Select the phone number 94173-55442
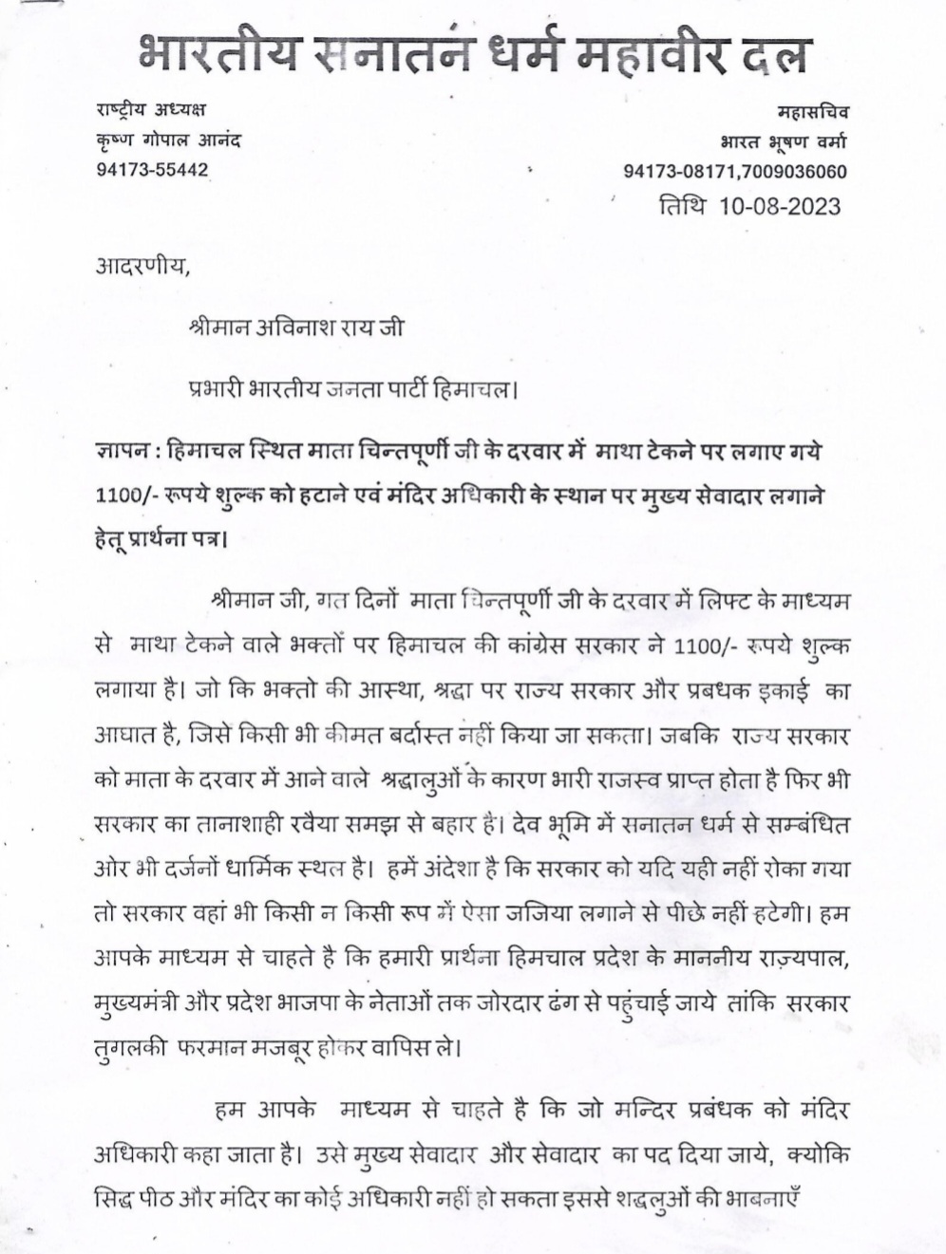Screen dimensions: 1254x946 [152, 170]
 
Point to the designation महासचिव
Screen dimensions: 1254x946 [812, 112]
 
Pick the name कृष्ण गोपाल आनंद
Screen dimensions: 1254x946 [168, 140]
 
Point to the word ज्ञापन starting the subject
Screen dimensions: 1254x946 [120, 453]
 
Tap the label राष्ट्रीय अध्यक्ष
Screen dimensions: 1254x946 [152, 110]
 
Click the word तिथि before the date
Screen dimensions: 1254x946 [681, 206]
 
